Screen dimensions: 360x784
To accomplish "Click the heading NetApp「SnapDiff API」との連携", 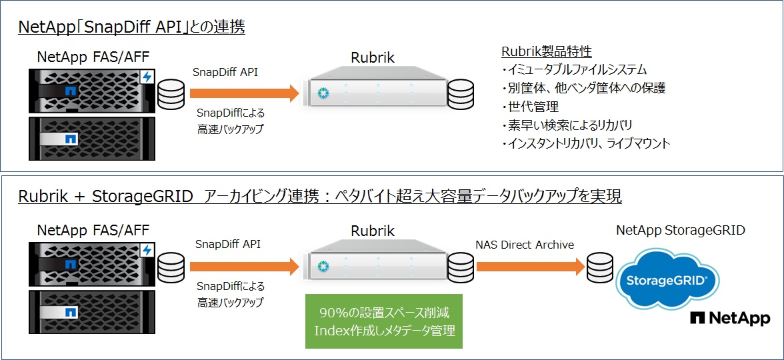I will point(131,27).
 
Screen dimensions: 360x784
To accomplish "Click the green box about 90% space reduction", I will point(383,321).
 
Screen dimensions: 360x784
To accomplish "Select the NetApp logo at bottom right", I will point(730,319).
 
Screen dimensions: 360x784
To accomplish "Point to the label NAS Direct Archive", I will point(525,245).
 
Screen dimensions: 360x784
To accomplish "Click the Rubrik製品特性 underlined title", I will point(546,51).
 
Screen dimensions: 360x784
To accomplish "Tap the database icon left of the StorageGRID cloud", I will point(598,267).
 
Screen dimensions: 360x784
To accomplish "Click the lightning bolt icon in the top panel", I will point(147,77).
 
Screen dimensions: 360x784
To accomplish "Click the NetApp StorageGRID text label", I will point(680,231).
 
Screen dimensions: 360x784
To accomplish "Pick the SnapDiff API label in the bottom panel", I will point(227,244).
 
